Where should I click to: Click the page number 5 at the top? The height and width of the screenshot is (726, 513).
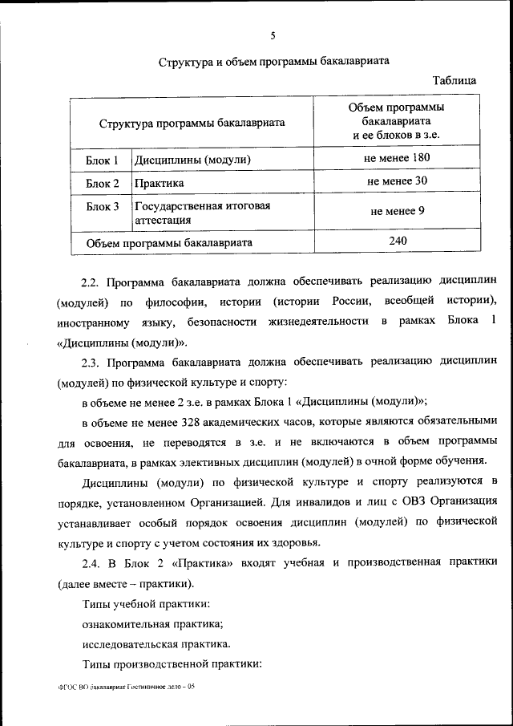click(273, 35)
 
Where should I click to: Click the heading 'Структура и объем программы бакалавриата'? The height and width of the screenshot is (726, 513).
click(273, 63)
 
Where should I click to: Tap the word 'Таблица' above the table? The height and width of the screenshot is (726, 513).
click(454, 80)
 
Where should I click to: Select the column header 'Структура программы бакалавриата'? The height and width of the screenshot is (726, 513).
click(192, 124)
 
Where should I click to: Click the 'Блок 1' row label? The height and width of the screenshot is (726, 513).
click(103, 160)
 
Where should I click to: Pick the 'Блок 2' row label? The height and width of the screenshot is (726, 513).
click(103, 183)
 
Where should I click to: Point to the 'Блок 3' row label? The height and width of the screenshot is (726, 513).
click(103, 206)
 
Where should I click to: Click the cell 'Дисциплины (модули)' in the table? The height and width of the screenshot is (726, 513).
click(192, 160)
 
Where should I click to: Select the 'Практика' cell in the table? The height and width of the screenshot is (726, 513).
click(160, 183)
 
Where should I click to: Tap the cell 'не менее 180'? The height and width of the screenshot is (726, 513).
click(398, 158)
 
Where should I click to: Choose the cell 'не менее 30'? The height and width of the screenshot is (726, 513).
click(398, 181)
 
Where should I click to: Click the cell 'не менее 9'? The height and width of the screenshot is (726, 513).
click(398, 212)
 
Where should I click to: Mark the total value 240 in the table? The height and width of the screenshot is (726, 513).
click(398, 241)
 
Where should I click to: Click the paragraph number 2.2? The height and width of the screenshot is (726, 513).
click(91, 282)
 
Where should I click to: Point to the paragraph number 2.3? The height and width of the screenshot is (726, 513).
click(91, 362)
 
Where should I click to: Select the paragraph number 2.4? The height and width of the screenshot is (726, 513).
click(91, 562)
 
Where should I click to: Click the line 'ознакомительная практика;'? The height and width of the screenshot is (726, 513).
click(152, 623)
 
